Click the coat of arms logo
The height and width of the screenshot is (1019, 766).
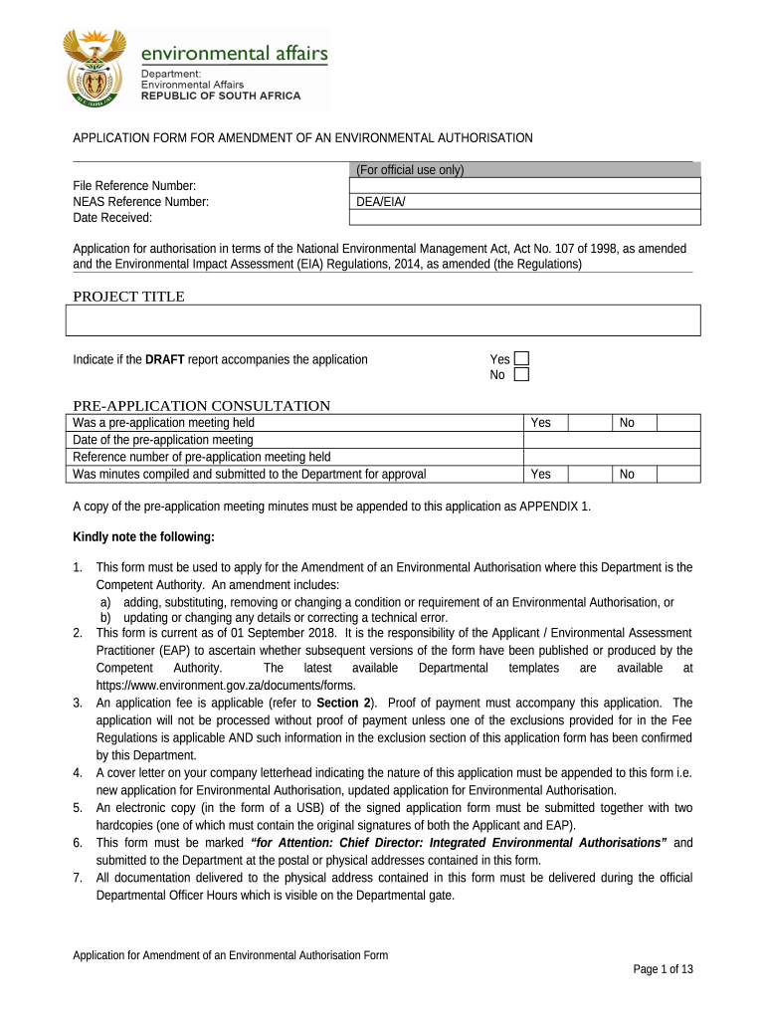point(95,68)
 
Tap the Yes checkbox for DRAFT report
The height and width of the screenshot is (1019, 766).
point(521,359)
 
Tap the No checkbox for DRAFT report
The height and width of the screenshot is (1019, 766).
point(521,375)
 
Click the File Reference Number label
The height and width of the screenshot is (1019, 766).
point(134,186)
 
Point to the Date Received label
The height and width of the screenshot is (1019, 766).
point(112,218)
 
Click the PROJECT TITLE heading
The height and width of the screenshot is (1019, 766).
point(128,297)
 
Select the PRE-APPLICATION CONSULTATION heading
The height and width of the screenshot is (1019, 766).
point(201,406)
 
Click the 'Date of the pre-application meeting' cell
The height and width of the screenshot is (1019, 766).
point(163,440)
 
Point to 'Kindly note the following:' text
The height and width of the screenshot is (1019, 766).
point(143,537)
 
